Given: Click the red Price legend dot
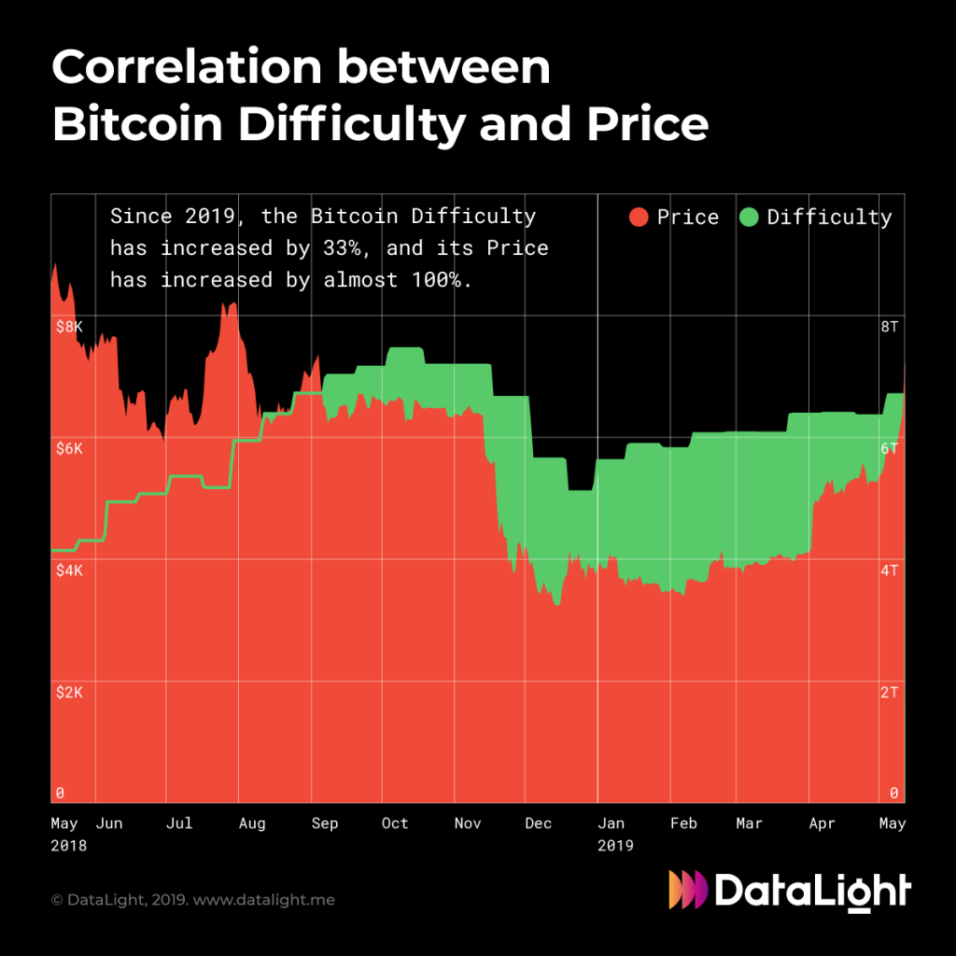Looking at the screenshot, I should click(x=639, y=218).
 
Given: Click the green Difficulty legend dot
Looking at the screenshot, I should click(x=749, y=218).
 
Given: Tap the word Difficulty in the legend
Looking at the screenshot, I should click(x=829, y=218).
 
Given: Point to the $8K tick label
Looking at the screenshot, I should click(x=68, y=327).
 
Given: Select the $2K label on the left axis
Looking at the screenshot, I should click(x=68, y=693).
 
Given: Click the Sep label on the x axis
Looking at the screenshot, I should click(x=324, y=823).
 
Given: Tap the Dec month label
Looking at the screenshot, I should click(x=539, y=823).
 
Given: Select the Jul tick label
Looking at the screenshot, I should click(x=179, y=823).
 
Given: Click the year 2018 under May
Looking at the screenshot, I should click(x=68, y=846).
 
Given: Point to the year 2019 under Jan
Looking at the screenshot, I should click(x=615, y=846).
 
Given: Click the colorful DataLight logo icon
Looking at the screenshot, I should click(x=688, y=890).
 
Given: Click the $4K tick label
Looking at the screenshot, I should click(x=68, y=570).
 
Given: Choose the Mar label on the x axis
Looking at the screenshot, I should click(x=749, y=823).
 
